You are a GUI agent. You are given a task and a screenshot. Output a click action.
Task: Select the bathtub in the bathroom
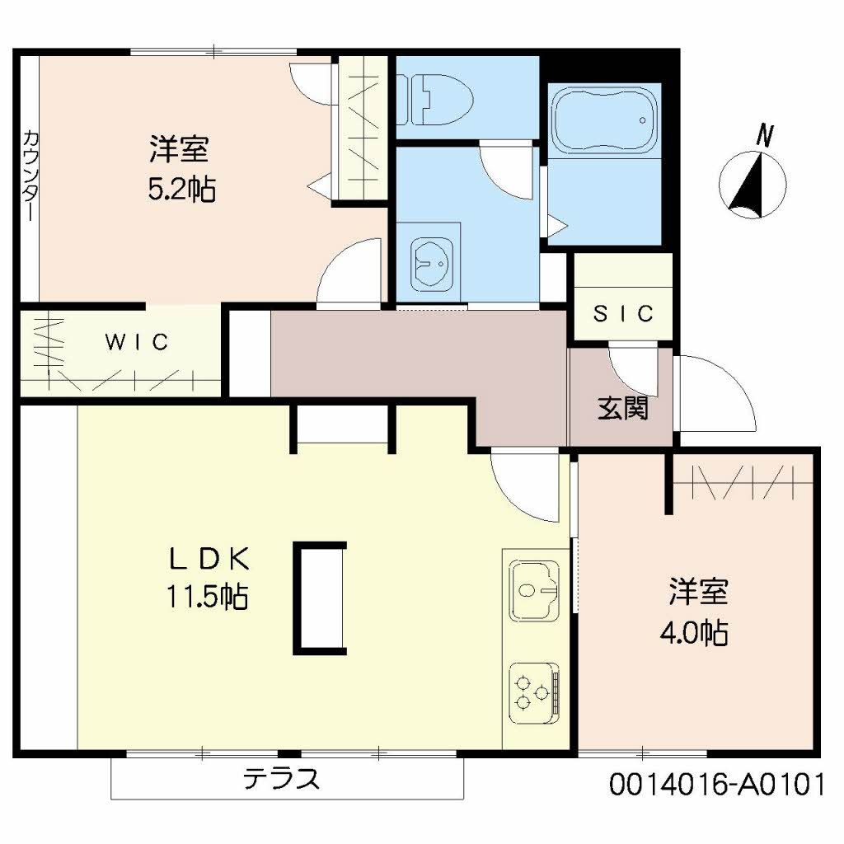pos(604,120)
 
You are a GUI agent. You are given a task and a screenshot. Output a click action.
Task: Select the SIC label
pos(624,313)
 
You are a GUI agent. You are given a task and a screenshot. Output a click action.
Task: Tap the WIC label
pos(137,341)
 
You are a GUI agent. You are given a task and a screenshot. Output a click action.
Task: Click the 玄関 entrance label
pos(622,408)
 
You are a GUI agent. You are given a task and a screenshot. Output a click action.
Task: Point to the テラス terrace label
pos(281,779)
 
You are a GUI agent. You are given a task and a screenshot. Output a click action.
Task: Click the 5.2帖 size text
pos(182,190)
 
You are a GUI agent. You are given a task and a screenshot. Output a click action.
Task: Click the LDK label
pos(209,559)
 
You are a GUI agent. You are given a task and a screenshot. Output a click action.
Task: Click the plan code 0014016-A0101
pos(716,784)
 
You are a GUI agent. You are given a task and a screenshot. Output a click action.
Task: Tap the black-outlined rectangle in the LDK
pos(320,598)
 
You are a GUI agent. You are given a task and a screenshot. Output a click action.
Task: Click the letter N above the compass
pos(766,136)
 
